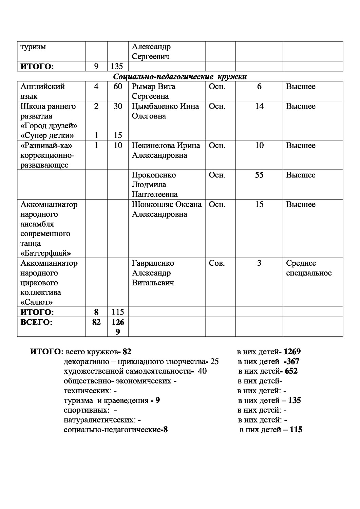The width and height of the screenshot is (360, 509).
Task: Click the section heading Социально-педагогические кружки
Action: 180,77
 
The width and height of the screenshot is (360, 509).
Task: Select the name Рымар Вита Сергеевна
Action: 154,91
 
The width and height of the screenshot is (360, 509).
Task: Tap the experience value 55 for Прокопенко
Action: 259,175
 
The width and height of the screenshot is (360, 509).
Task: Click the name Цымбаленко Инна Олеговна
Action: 165,111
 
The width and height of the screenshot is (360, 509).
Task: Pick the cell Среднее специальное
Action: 308,268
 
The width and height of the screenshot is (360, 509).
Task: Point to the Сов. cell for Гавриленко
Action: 216,263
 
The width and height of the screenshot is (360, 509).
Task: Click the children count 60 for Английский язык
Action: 118,87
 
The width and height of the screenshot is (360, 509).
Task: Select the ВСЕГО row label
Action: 37,322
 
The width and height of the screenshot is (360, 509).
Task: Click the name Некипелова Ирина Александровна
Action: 166,150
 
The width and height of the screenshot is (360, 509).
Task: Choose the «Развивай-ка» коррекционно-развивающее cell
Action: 48,155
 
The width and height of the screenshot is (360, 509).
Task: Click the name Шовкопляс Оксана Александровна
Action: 167,209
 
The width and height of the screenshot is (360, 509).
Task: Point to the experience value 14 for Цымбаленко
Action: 259,106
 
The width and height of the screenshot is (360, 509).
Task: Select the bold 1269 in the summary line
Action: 292,352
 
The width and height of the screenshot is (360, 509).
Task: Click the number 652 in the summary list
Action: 291,371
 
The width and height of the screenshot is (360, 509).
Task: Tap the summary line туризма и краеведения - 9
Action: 112,401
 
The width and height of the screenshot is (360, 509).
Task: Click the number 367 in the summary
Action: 293,361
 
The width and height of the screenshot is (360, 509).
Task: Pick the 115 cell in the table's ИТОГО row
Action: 118,312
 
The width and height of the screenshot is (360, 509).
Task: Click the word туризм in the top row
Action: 33,47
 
